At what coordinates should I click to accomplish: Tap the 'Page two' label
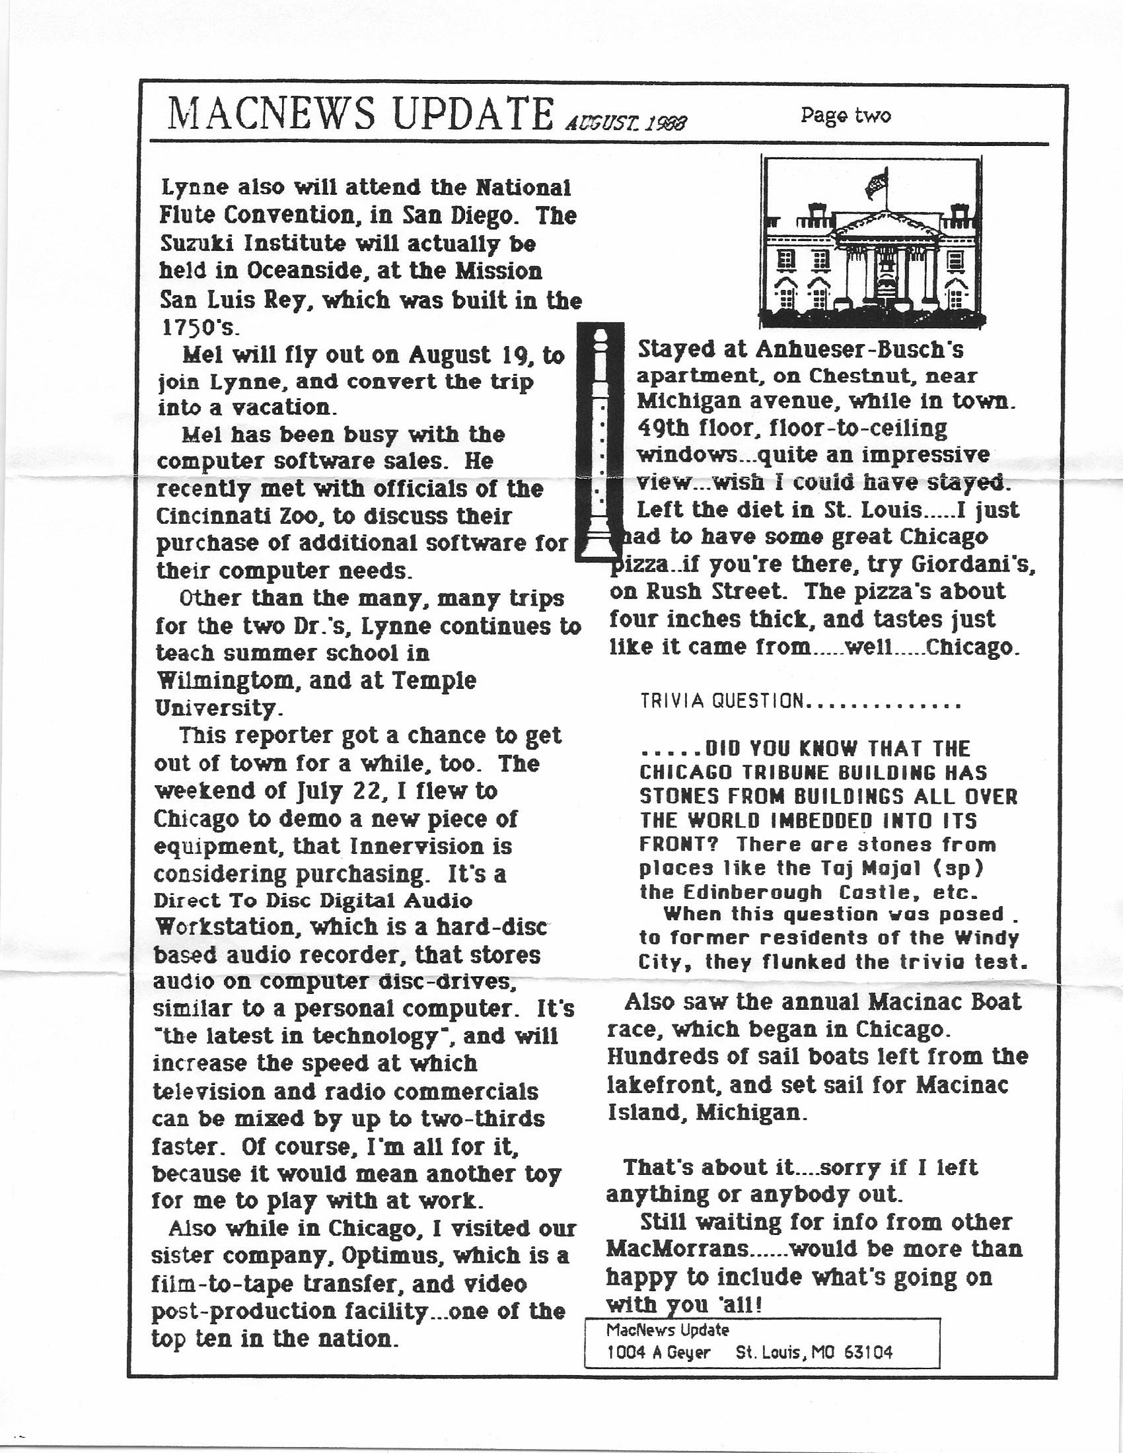845,116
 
